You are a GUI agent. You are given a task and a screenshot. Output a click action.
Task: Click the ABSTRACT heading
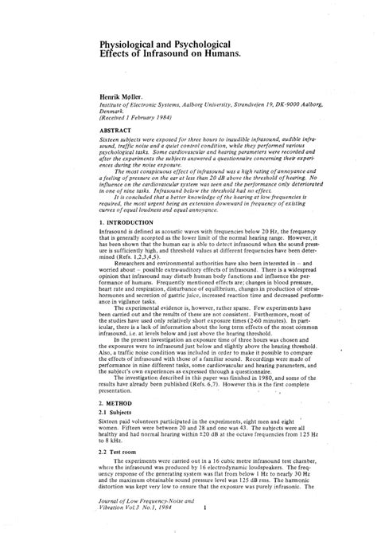117,127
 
